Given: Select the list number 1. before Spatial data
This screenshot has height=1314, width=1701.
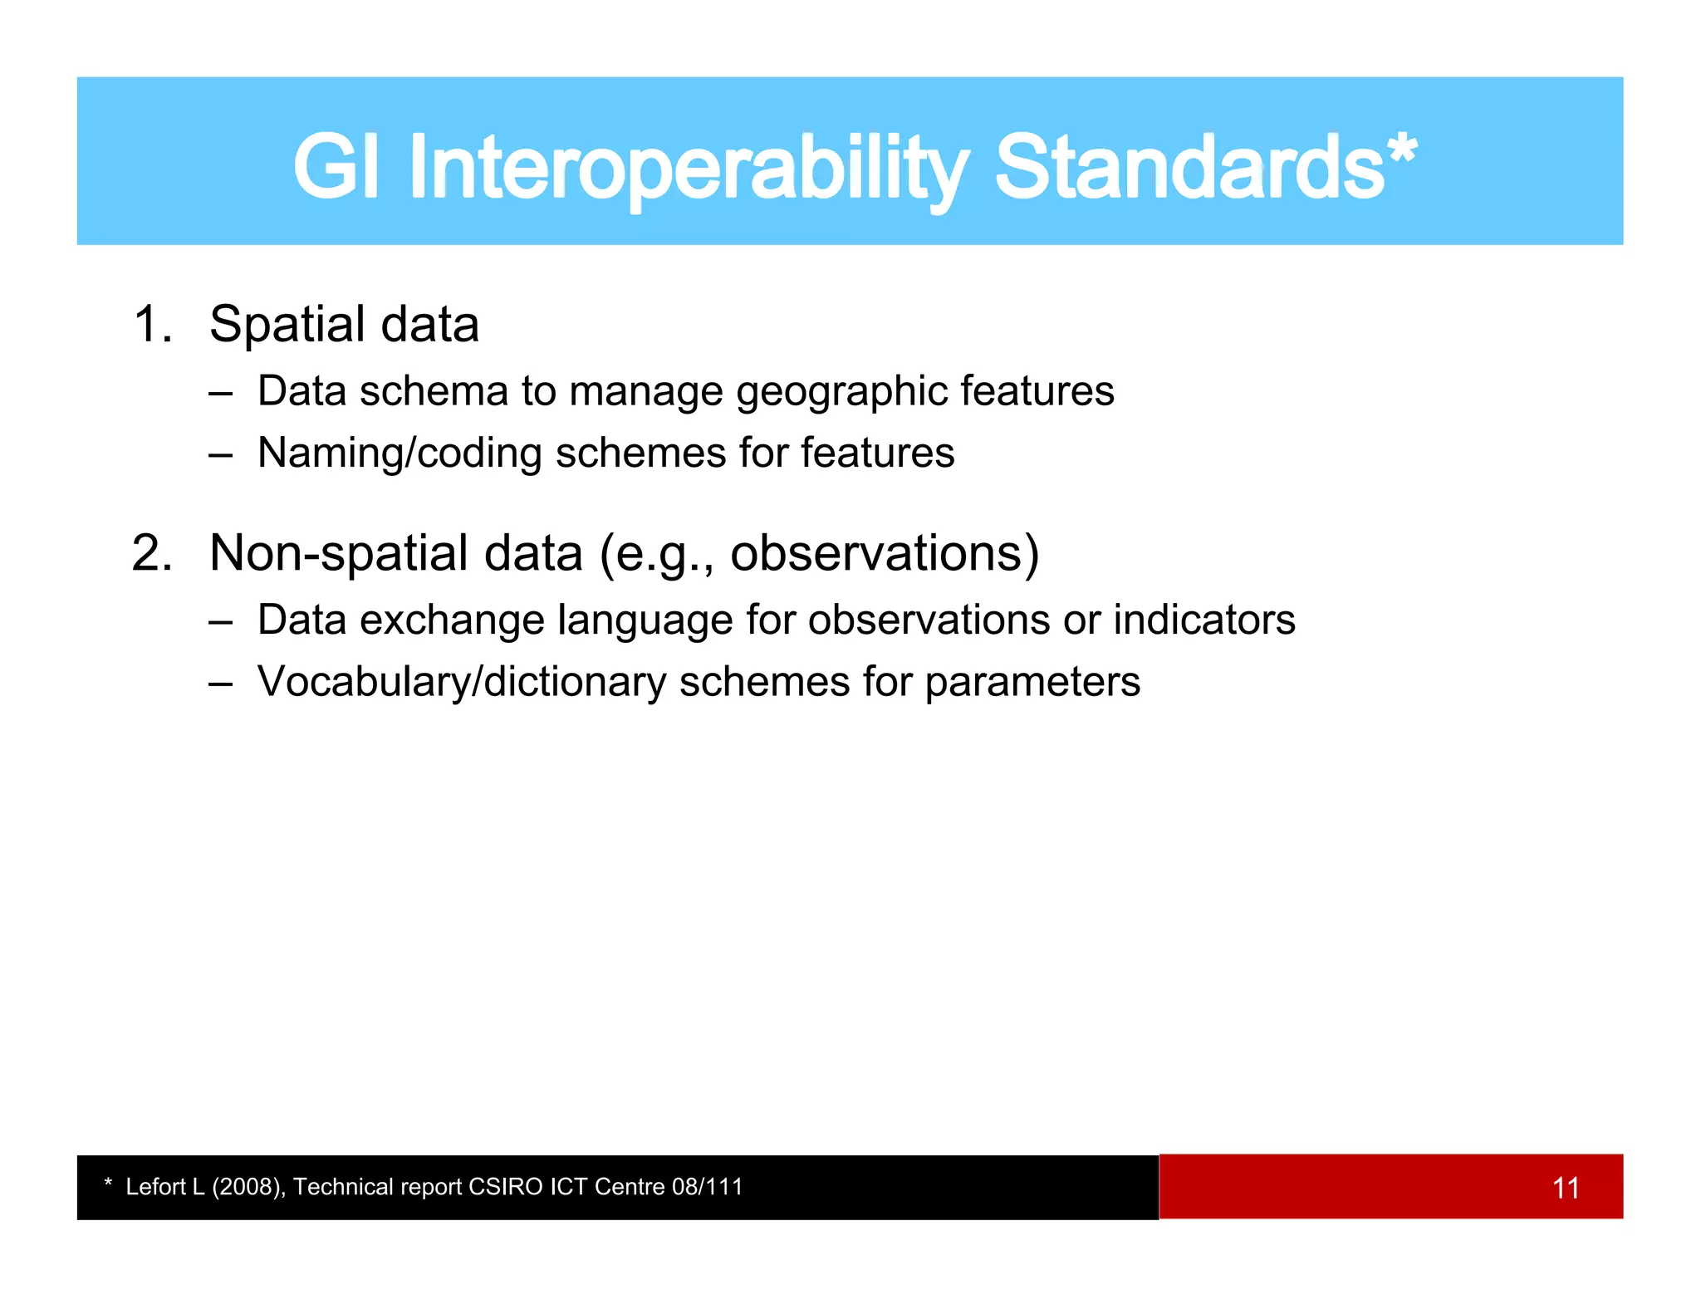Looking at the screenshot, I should pos(153,324).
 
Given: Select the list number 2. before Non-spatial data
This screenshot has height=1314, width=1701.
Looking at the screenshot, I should pos(153,553).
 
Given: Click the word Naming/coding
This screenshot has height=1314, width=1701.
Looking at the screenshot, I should pos(400,454).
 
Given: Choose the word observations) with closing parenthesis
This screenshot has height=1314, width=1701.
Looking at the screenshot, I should pos(885,553).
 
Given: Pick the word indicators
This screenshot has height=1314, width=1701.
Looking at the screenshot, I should pos(1203,620).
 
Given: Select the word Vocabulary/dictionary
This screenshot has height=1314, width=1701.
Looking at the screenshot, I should pos(462,683).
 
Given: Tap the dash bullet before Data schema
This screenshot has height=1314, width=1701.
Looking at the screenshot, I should pos(220,393).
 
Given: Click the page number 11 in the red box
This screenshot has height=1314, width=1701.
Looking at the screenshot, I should pos(1566,1188).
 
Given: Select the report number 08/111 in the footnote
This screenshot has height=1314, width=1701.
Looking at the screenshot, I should pos(707,1187).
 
